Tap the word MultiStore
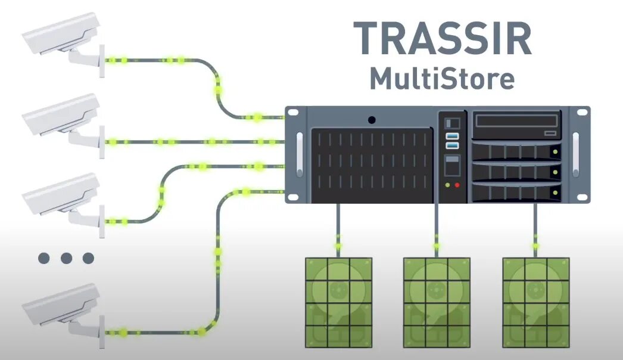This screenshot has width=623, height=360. coord(441,79)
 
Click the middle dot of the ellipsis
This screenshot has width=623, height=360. coord(66,258)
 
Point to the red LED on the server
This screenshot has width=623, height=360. coord(457,185)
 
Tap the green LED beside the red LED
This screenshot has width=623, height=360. coord(448,185)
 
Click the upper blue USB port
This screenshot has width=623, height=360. coord(452,137)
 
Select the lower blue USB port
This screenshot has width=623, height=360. coord(452,146)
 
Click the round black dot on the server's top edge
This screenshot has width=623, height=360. coord(372,120)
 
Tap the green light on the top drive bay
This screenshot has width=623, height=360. coord(555,152)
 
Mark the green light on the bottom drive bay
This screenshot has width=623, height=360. coord(555,192)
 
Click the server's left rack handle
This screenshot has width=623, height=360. coord(299,154)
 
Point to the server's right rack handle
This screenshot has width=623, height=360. coord(576,154)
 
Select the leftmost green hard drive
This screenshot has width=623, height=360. coord(338,302)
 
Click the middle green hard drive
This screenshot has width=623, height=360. coord(437,302)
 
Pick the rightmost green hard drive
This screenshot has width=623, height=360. coord(535,302)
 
